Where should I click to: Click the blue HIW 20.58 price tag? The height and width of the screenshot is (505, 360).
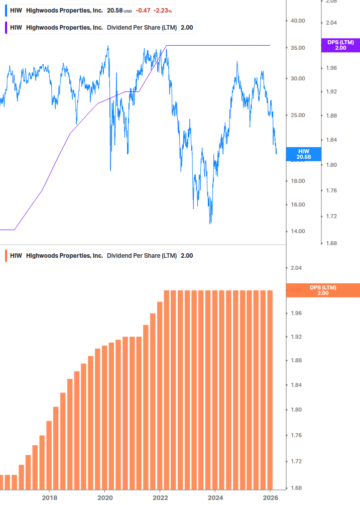pos(303,154)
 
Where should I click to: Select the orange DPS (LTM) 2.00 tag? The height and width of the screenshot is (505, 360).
pos(322,290)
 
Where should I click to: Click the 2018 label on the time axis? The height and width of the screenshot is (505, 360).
pos(49,497)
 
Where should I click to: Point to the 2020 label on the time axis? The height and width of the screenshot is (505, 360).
pos(105,497)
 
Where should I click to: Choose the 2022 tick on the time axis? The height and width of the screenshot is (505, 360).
pos(160,497)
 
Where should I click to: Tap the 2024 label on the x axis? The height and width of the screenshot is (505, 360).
pos(215,497)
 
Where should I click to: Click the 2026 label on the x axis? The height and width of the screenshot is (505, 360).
pos(270,497)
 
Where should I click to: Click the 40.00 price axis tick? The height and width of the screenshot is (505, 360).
pos(298,21)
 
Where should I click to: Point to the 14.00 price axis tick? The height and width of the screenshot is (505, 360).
pos(298,231)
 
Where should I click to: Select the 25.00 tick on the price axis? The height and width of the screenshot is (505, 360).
pos(298,115)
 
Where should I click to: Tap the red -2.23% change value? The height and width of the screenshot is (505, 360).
pos(163,10)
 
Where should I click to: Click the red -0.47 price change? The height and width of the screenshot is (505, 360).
pos(143,10)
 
